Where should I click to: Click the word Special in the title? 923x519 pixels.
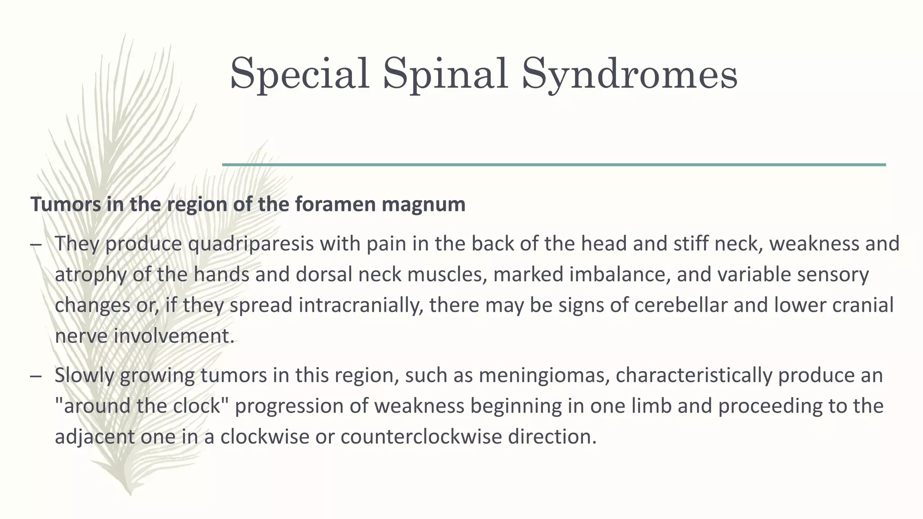(300, 73)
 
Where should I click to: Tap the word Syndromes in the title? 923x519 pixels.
(630, 73)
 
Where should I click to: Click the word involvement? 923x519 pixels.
(174, 336)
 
